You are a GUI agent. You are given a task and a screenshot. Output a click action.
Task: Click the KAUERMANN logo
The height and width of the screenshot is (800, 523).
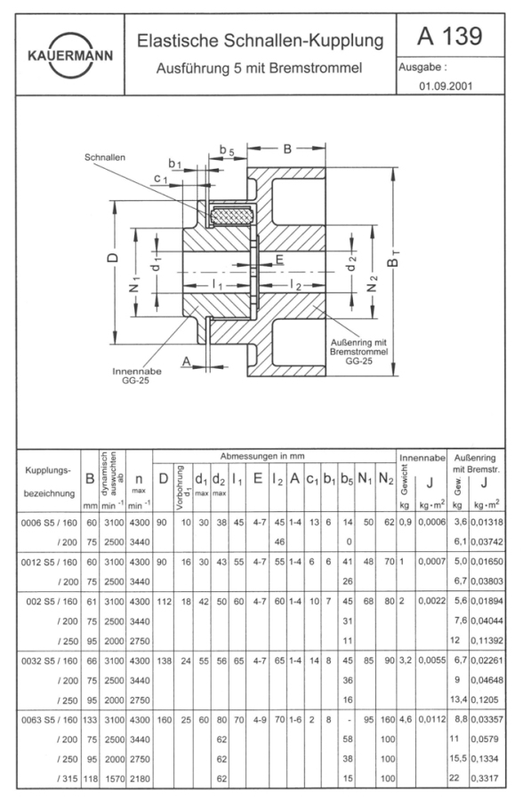click(70, 55)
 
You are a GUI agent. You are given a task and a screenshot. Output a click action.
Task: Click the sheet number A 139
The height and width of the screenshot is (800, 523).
click(449, 36)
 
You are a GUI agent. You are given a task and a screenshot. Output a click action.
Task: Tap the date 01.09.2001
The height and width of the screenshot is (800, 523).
click(446, 85)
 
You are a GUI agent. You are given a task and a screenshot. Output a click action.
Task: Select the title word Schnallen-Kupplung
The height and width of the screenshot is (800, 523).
click(303, 41)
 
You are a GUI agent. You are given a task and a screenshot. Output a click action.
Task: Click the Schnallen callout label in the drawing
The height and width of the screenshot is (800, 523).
click(105, 157)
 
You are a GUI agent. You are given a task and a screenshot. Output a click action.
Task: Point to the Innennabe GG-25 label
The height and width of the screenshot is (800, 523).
click(136, 375)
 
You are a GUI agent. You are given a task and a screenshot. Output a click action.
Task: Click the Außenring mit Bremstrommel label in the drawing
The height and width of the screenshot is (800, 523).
click(358, 351)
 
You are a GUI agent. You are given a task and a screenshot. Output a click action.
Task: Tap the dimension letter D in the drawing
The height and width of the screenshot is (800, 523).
click(113, 257)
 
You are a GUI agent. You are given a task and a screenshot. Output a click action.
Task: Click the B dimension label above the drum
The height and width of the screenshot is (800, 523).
click(287, 148)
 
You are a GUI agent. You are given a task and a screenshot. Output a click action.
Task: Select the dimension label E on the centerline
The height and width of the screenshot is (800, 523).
click(279, 260)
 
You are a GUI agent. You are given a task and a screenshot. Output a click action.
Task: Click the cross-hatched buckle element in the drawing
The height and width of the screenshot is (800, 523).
click(232, 216)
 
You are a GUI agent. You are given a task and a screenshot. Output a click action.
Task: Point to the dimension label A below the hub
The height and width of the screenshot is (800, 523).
click(187, 361)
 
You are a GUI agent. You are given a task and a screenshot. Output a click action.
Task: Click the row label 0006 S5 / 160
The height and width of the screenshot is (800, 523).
click(49, 523)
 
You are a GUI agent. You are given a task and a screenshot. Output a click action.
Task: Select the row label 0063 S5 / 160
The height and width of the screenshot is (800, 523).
click(49, 720)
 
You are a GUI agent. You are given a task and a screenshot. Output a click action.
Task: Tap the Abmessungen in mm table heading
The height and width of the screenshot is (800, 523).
click(262, 456)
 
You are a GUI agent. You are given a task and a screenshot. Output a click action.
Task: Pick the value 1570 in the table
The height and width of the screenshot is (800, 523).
click(114, 779)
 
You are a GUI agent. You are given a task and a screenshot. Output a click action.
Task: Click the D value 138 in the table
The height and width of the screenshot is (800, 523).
click(164, 660)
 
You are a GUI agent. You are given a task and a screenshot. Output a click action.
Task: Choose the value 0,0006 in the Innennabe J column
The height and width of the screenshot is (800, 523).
click(432, 522)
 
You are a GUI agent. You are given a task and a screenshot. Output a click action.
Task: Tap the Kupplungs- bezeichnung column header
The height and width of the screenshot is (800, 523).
click(49, 482)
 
